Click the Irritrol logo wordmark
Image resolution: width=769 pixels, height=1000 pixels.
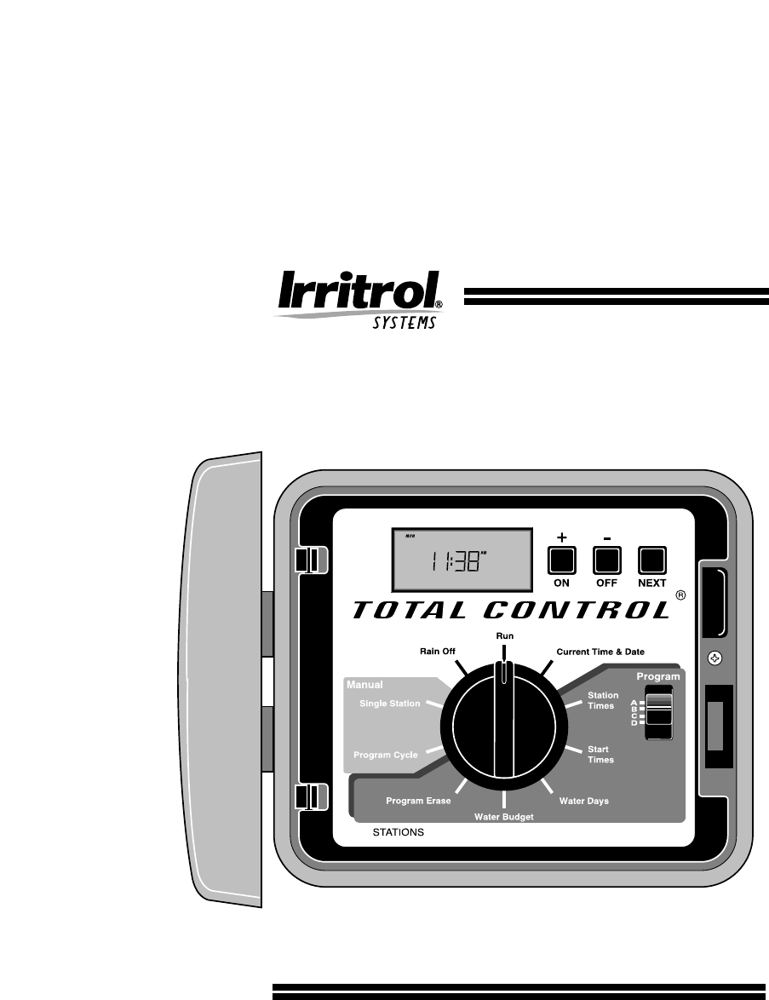(x=358, y=292)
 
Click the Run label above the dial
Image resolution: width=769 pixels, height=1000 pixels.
(x=504, y=636)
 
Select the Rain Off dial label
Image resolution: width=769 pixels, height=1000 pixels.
(x=438, y=652)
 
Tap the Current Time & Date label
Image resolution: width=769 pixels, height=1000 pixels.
(x=600, y=652)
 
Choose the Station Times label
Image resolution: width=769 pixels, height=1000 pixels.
(x=603, y=700)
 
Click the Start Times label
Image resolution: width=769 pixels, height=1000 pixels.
(x=600, y=754)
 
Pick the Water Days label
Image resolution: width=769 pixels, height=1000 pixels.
(x=584, y=801)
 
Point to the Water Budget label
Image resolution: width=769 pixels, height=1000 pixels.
(x=504, y=817)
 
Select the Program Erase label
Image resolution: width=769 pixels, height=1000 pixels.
(x=418, y=801)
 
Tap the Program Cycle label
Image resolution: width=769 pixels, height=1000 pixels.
(x=386, y=755)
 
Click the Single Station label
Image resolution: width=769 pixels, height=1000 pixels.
(x=389, y=704)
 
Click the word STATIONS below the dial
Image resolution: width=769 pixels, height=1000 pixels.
(x=399, y=831)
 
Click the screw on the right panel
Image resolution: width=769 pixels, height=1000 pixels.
(x=716, y=658)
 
